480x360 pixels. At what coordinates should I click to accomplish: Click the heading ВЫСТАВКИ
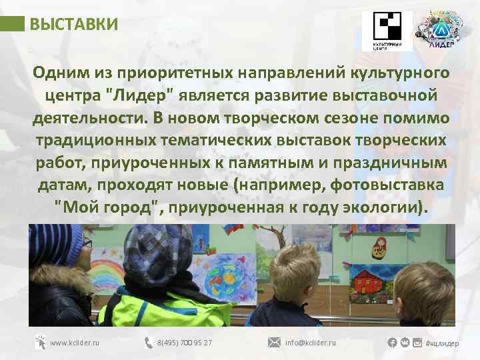pyautogui.click(x=74, y=25)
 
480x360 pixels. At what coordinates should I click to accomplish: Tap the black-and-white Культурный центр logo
pyautogui.click(x=387, y=30)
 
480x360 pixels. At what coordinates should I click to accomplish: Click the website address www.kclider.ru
pyautogui.click(x=75, y=343)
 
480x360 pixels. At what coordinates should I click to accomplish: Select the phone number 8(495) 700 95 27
pyautogui.click(x=185, y=343)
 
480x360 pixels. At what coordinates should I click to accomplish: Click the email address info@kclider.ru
pyautogui.click(x=310, y=343)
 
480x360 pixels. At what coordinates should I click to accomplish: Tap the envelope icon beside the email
pyautogui.click(x=274, y=343)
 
